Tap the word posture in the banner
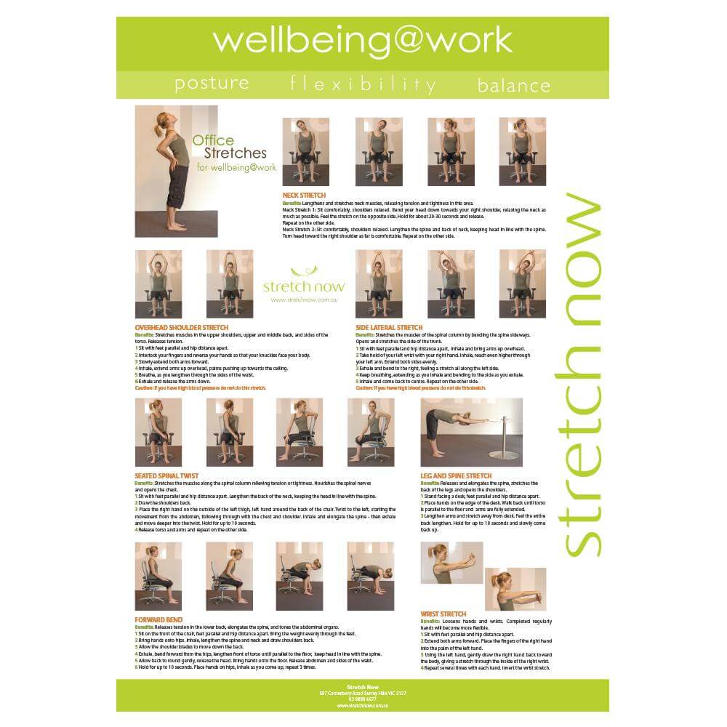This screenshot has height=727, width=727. [212, 83]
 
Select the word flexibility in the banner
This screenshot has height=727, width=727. [363, 84]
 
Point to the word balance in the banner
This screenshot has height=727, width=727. [513, 85]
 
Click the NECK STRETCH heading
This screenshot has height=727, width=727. [304, 196]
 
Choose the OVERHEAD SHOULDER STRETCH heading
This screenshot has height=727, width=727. [181, 328]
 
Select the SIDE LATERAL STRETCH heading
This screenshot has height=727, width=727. [389, 328]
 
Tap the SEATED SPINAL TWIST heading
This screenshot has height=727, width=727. [166, 476]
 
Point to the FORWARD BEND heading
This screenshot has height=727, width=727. [156, 619]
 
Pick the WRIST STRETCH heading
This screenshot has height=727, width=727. [443, 614]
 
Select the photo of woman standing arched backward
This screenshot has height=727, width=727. [174, 171]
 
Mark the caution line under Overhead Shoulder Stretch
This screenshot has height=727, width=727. [200, 388]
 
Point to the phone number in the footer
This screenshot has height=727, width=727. [362, 699]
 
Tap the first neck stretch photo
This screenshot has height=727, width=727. [305, 151]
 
